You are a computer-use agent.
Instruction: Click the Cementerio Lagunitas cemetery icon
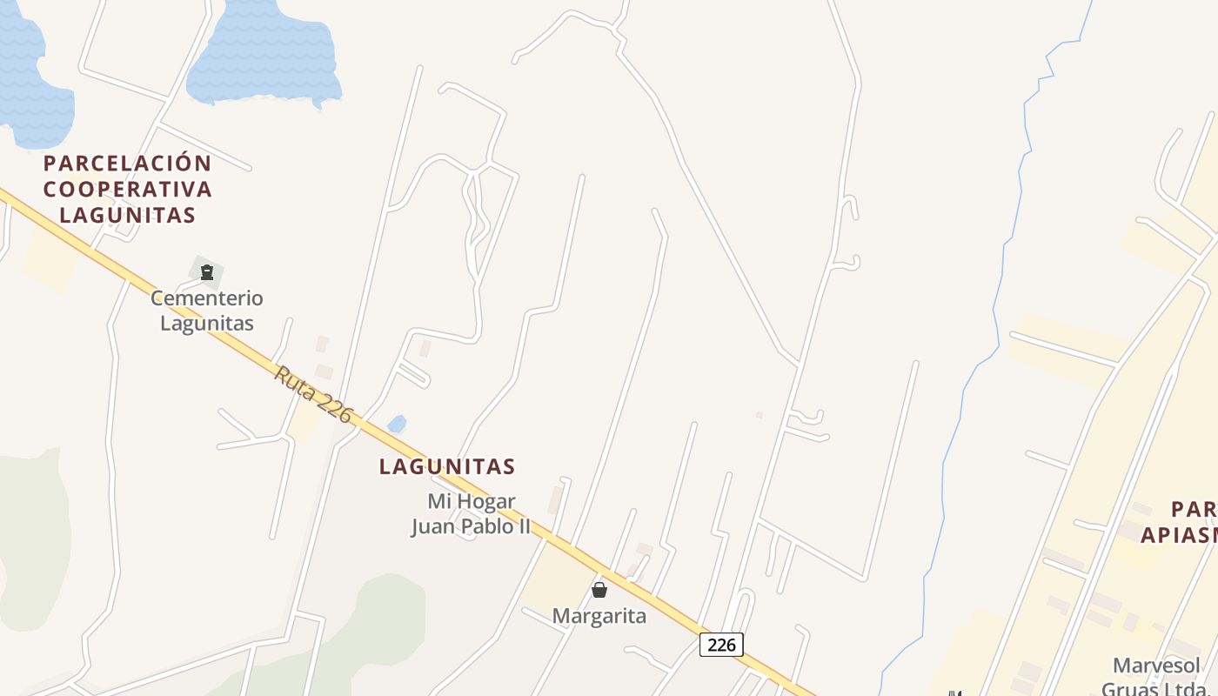[207, 272]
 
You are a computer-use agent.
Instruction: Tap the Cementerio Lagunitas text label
[207, 311]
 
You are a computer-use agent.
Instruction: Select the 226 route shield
[721, 645]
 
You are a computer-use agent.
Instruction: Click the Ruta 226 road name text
[313, 395]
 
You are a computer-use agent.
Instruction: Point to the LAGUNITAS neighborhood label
[447, 467]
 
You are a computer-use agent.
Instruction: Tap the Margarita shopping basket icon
[599, 590]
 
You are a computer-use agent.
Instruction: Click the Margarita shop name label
[599, 617]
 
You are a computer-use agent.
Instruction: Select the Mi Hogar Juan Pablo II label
[471, 514]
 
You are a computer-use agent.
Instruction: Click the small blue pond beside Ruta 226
[397, 424]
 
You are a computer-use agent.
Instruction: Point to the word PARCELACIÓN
[128, 164]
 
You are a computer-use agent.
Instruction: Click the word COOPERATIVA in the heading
[128, 190]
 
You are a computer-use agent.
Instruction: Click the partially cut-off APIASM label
[1178, 535]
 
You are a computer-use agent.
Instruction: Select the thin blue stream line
[1000, 261]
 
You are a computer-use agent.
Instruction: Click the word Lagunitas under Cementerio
[207, 324]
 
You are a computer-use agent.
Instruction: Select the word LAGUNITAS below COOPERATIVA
[128, 216]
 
